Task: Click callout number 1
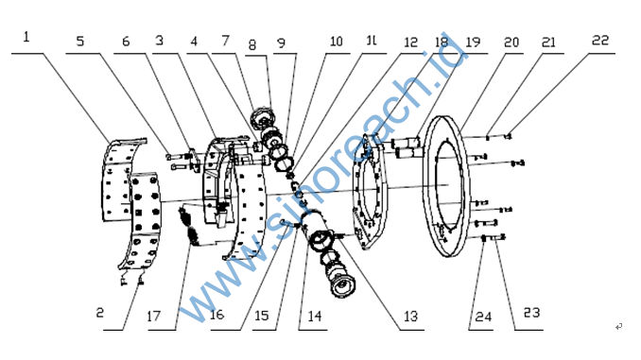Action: [26, 37]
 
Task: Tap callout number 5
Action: [80, 42]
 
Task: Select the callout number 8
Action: [252, 45]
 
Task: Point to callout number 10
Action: [336, 42]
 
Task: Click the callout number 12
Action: [410, 43]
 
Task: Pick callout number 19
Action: [473, 43]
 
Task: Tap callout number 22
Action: [600, 41]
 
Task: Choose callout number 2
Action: [100, 313]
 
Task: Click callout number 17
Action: [154, 316]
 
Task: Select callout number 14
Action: [315, 316]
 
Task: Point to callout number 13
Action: [411, 316]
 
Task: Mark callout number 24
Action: [483, 317]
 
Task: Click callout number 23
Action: [532, 313]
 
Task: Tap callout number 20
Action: [511, 43]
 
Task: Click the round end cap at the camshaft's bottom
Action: [342, 286]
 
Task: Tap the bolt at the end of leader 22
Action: [508, 136]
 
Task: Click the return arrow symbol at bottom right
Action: [618, 326]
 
